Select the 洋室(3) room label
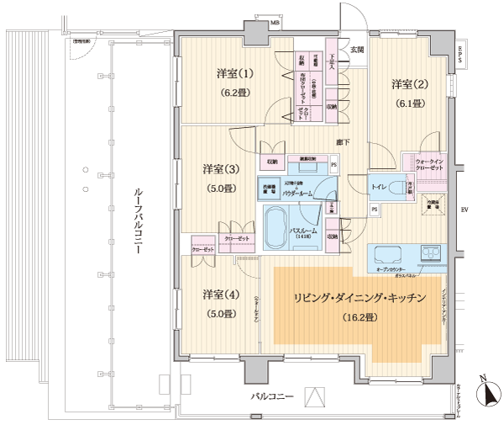tap(218, 169)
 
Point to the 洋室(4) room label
tap(218, 295)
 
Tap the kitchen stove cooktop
tap(431, 254)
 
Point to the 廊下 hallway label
tap(343, 141)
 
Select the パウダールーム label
tap(300, 194)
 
